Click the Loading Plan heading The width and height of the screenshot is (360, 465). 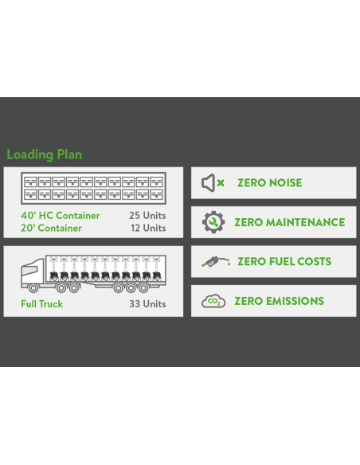pyautogui.click(x=44, y=154)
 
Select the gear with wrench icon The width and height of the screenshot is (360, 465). pyautogui.click(x=213, y=222)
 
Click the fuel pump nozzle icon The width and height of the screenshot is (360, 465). pyautogui.click(x=216, y=261)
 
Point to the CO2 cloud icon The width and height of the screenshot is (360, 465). pyautogui.click(x=213, y=301)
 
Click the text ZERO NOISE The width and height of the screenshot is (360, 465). pyautogui.click(x=269, y=182)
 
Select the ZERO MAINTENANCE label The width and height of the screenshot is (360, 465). pyautogui.click(x=290, y=222)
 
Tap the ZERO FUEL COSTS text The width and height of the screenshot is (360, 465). pyautogui.click(x=284, y=261)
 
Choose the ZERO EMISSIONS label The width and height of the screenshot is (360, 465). pyautogui.click(x=279, y=301)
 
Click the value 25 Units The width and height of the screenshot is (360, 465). pyautogui.click(x=147, y=216)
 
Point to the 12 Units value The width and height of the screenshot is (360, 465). pyautogui.click(x=148, y=228)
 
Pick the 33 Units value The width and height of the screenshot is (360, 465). pyautogui.click(x=147, y=304)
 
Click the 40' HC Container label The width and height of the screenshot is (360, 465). pyautogui.click(x=61, y=216)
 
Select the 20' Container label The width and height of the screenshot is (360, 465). pyautogui.click(x=51, y=228)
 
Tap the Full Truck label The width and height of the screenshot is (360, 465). pyautogui.click(x=41, y=304)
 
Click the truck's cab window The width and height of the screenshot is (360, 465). pyautogui.click(x=29, y=271)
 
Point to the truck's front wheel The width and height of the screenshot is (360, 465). pyautogui.click(x=33, y=287)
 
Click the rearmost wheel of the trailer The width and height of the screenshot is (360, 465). pyautogui.click(x=143, y=287)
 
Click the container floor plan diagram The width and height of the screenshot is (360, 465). pyautogui.click(x=93, y=189)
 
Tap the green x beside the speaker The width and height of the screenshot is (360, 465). pyautogui.click(x=221, y=183)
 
